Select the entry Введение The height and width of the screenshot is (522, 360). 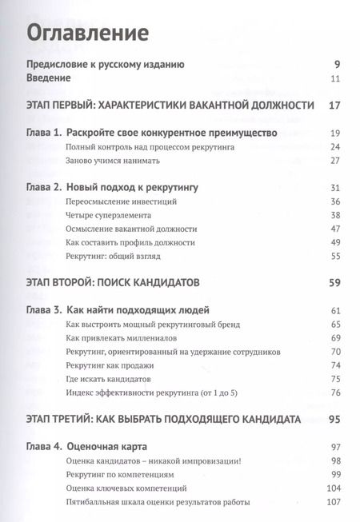[x=49, y=78]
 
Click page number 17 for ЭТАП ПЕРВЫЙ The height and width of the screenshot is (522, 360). [x=335, y=106]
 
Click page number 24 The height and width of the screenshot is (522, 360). [x=336, y=147]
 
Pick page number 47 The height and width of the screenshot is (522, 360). [x=336, y=229]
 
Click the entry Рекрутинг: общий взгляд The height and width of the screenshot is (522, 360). [x=117, y=256]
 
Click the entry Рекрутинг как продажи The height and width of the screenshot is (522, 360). [x=109, y=365]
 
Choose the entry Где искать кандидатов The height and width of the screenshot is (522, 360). [x=108, y=378]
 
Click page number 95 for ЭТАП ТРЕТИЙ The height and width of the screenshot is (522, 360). [x=334, y=419]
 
